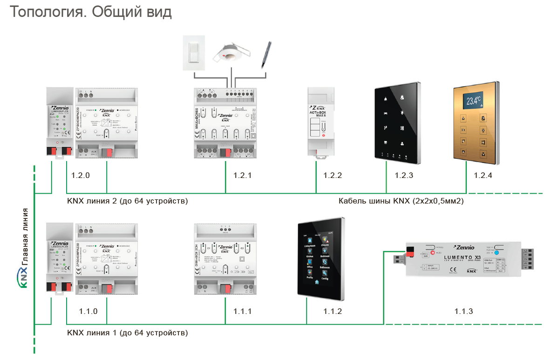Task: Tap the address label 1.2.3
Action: click(x=404, y=176)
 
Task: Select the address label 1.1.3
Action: click(x=464, y=311)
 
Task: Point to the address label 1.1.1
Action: click(x=243, y=311)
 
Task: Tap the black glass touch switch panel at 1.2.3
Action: click(x=398, y=125)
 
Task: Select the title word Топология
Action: click(x=47, y=13)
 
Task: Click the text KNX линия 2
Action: click(x=93, y=202)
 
